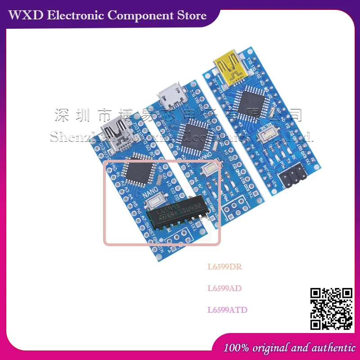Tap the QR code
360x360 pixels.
pyautogui.click(x=332, y=309)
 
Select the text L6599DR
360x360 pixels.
pyautogui.click(x=225, y=266)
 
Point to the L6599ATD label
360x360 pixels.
pyautogui.click(x=227, y=310)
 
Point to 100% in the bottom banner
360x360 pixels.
pyautogui.click(x=237, y=347)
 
